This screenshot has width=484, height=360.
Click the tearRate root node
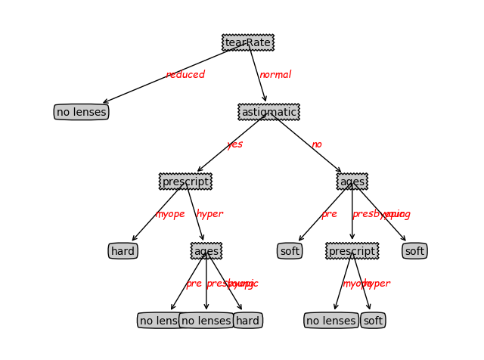pos(247,42)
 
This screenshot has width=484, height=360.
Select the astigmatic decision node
pos(268,112)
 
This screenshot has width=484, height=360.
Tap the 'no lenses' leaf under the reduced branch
pos(82,112)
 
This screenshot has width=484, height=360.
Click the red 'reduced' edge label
pos(185,75)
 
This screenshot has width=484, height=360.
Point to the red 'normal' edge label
pos(275,75)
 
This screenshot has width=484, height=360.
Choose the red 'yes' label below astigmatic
pos(234,144)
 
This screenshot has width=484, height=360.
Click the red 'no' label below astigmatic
pos(316,144)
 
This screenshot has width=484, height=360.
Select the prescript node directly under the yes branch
pos(185,182)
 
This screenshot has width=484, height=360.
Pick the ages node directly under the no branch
pos(352,182)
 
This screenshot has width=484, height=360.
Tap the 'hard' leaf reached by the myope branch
pos(123,251)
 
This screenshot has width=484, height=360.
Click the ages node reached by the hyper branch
pos(206,251)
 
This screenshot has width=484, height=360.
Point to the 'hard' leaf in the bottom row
pos(247,321)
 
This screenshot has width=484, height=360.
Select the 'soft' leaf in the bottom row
pos(373,321)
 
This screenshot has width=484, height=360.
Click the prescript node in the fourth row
pos(352,251)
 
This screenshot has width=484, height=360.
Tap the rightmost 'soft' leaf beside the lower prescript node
pos(414,251)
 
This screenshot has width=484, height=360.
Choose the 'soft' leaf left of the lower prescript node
pos(290,251)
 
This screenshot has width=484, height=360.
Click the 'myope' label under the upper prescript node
pos(170,214)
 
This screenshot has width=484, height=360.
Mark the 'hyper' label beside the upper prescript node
pos(209,214)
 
